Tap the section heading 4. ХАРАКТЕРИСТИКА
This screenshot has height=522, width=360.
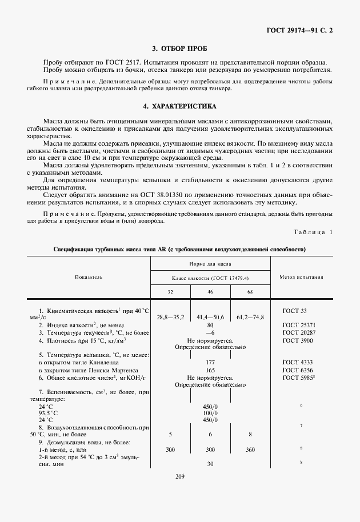[180, 106]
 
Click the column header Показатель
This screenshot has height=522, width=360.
[89, 277]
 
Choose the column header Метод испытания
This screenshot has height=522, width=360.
[301, 277]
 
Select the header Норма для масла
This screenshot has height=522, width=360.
[210, 264]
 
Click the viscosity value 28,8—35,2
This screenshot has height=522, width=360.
[170, 316]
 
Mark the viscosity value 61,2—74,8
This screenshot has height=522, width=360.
[250, 316]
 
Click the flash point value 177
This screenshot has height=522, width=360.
[210, 362]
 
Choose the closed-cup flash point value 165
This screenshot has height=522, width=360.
[210, 370]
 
